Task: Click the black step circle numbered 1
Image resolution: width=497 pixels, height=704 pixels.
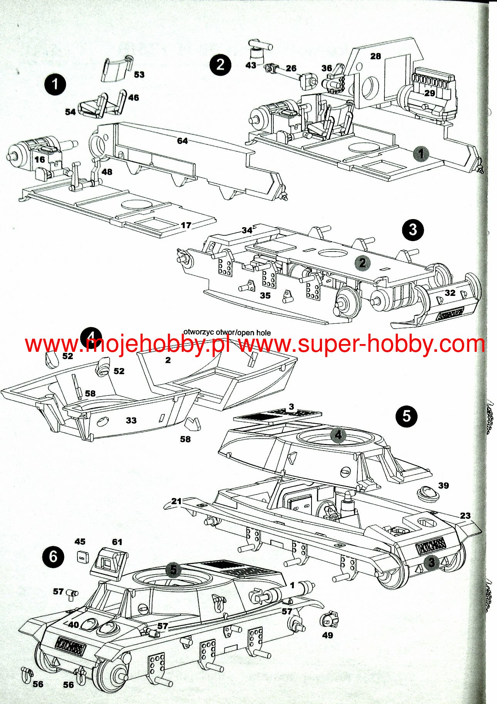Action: pos(55,84)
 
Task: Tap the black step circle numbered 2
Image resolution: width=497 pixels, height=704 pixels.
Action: pos(220,64)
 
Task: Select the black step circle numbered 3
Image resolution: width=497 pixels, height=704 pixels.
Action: pos(413,230)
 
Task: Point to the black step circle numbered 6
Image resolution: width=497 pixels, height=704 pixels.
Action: pos(53,557)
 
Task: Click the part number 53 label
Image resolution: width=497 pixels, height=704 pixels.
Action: pos(139,74)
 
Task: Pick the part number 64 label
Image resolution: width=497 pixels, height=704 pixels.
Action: pos(182,141)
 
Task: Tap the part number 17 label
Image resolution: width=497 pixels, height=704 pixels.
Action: pos(186,225)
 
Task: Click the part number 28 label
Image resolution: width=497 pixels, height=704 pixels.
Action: pos(375,56)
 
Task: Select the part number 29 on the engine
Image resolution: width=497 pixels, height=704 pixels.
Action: pos(430,93)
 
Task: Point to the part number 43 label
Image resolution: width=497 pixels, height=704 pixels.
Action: pos(251,65)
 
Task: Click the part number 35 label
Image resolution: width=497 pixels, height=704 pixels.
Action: pos(265,295)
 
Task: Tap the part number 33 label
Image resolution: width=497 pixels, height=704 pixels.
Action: pos(131,420)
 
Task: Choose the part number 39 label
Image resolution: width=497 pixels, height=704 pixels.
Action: pos(443,485)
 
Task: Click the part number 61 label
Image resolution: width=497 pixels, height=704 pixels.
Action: pos(117,542)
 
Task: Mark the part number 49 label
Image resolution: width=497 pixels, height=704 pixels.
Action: pos(327,635)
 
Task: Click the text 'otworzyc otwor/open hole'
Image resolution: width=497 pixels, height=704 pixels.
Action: pos(227,333)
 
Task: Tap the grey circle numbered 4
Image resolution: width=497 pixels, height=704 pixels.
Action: pos(338,435)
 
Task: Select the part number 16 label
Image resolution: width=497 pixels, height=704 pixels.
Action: pos(40,159)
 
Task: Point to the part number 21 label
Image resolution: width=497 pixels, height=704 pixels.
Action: pos(176,501)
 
